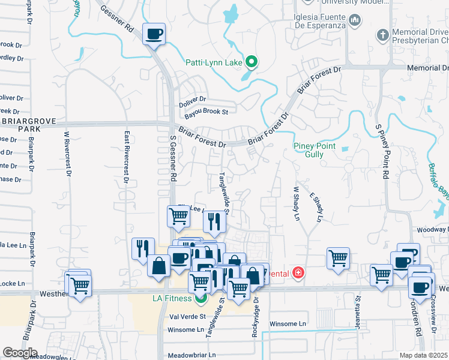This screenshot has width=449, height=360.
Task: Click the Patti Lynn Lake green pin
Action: pos(252,62)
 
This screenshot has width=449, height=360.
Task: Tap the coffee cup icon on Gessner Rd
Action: pos(154,33)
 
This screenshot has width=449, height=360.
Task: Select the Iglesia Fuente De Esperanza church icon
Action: pos(355,21)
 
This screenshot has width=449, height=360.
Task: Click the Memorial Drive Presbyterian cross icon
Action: pos(382,35)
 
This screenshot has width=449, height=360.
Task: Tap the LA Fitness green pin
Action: pos(202,298)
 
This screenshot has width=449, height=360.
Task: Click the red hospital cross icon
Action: pos(298,274)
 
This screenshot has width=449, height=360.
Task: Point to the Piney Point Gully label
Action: pos(316,150)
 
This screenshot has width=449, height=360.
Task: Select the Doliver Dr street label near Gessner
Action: pos(192,100)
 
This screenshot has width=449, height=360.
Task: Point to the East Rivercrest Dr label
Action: pos(127,157)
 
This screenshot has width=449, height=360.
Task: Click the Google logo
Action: pos(20,353)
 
